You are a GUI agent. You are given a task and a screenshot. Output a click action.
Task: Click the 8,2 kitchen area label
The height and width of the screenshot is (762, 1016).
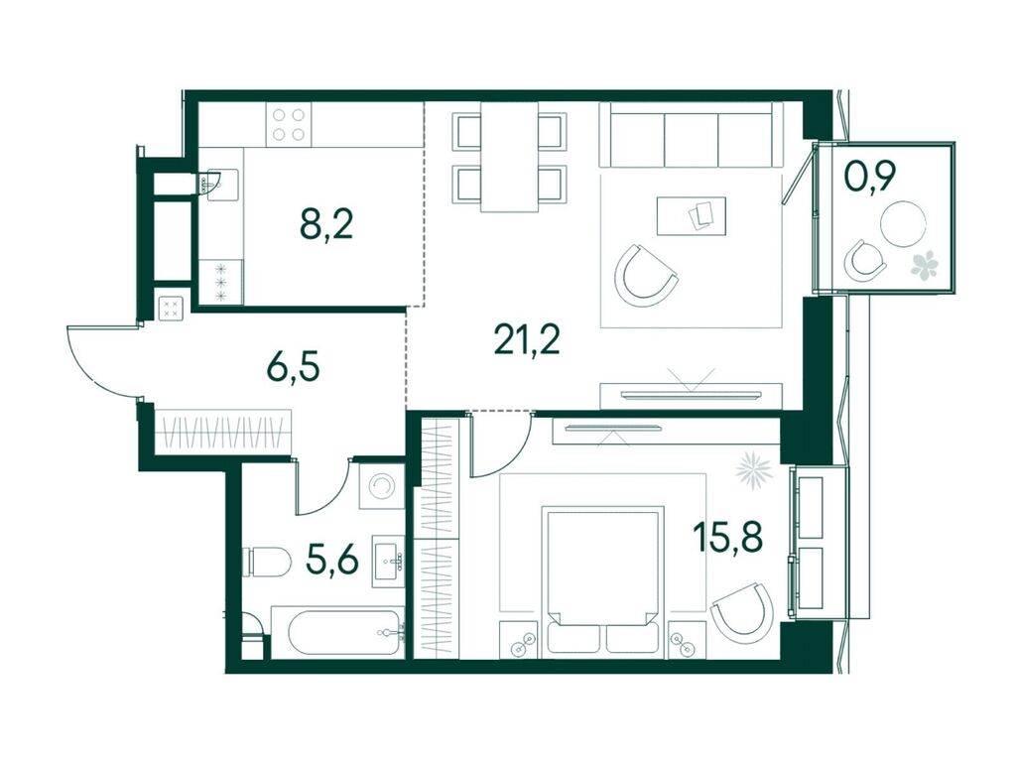coord(325,225)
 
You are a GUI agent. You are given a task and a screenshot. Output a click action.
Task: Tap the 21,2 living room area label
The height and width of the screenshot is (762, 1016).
coord(526,339)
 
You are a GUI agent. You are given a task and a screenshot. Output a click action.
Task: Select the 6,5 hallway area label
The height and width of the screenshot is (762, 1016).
coord(293,369)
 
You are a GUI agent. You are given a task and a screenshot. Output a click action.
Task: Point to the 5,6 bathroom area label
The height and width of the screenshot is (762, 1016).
coord(331,560)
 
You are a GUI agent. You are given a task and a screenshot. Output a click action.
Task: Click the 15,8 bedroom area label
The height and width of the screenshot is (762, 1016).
coord(727,537)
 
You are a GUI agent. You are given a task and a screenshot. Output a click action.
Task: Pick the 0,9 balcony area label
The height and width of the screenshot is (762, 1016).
coord(870,177)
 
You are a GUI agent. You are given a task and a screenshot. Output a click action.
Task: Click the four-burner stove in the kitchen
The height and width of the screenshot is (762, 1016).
coord(289,125)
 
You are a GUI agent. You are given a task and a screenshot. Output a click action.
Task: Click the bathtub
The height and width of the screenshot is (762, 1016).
coord(337,631)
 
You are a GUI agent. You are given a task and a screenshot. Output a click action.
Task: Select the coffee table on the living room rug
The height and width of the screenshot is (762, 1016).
coord(692,215)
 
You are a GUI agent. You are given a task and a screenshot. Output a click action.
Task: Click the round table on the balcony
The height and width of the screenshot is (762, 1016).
coord(903,223)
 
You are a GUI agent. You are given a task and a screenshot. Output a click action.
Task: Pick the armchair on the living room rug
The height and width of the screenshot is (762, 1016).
coord(646,277)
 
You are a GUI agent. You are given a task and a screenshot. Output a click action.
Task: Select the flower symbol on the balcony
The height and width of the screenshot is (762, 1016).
coord(925,264)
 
